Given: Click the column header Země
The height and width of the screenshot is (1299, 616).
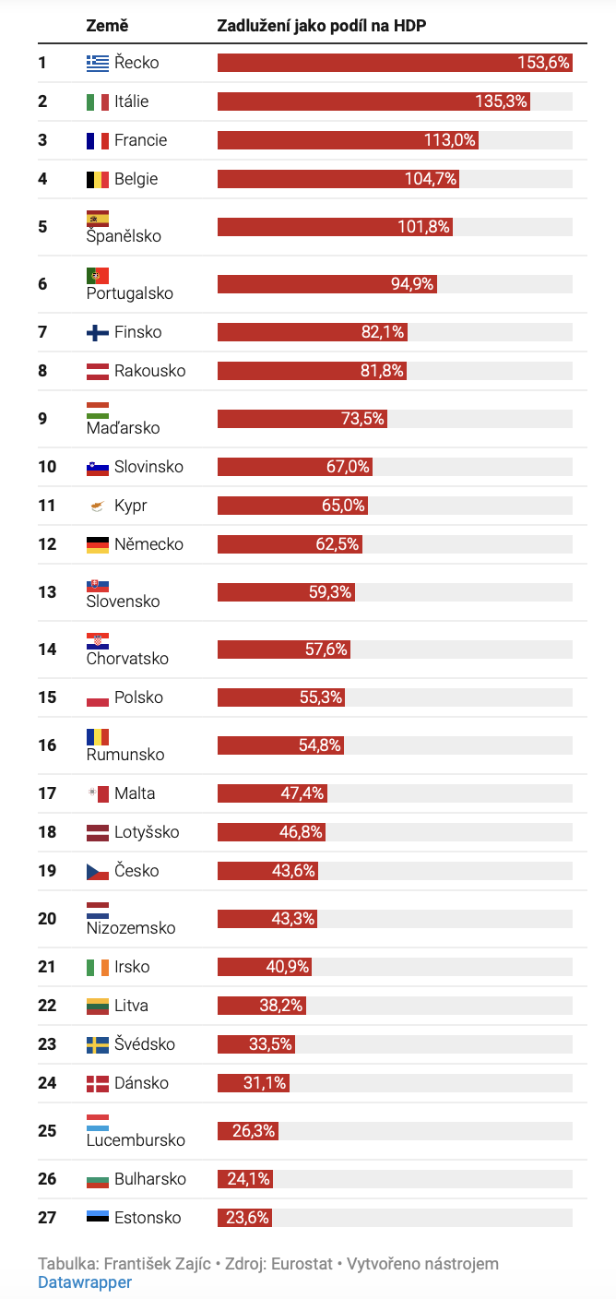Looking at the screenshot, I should pyautogui.click(x=107, y=26).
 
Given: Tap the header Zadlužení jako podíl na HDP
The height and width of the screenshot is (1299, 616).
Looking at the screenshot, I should pyautogui.click(x=321, y=26).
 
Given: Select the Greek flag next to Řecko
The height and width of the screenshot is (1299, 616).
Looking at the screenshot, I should pyautogui.click(x=97, y=63).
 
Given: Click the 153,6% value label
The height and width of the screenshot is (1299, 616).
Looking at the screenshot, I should pyautogui.click(x=544, y=63).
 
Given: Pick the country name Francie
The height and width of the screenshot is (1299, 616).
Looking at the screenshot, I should pyautogui.click(x=140, y=140).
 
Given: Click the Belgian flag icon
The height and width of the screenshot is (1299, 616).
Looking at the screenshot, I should pyautogui.click(x=97, y=179).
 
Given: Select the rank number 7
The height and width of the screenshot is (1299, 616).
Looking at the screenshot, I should pyautogui.click(x=42, y=332).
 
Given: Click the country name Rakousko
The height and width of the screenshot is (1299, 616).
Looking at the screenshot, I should pyautogui.click(x=149, y=371).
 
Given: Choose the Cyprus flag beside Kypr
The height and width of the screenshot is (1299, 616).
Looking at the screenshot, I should pyautogui.click(x=97, y=506).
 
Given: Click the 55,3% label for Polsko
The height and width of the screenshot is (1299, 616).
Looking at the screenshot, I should pyautogui.click(x=321, y=697).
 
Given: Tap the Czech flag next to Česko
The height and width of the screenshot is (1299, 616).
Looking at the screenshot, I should pyautogui.click(x=97, y=871).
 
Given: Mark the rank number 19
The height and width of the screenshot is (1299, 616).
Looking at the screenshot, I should pyautogui.click(x=47, y=871).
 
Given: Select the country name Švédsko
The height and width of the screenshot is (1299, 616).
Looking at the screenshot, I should pyautogui.click(x=144, y=1044).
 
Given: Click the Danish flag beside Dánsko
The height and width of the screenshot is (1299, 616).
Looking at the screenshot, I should pyautogui.click(x=97, y=1083).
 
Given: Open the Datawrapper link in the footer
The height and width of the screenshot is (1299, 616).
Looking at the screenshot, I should pyautogui.click(x=85, y=1282).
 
